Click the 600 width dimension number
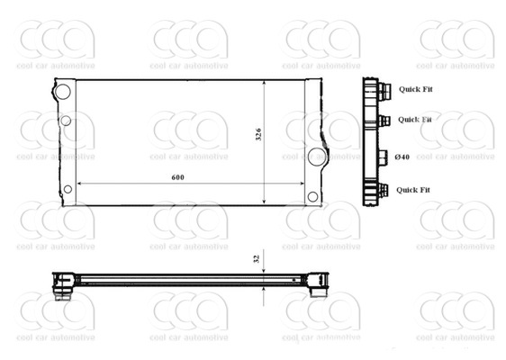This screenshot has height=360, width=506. (x=177, y=177)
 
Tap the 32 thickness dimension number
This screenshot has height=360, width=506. (x=257, y=258)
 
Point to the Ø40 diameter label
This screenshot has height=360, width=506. (x=402, y=157)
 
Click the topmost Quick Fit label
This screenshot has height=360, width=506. (x=415, y=88)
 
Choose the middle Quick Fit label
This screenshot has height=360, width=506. (x=415, y=119)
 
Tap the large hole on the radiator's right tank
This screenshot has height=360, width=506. (x=316, y=157)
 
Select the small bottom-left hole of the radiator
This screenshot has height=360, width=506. (x=68, y=188)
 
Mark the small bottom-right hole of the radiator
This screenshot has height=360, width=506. (x=312, y=196)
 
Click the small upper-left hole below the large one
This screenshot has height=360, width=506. (x=66, y=121)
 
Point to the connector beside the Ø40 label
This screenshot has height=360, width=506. (x=382, y=157)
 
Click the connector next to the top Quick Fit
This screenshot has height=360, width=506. (x=384, y=89)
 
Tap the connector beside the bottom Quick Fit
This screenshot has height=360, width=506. (x=384, y=190)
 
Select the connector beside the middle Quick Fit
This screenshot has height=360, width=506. (x=384, y=120)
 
